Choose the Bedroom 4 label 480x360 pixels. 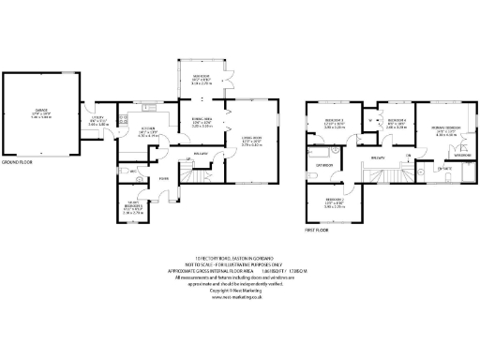point(397,123)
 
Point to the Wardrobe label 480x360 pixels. point(462,156)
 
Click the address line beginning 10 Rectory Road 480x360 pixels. point(240,258)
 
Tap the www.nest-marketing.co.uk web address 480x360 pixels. point(240,298)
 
